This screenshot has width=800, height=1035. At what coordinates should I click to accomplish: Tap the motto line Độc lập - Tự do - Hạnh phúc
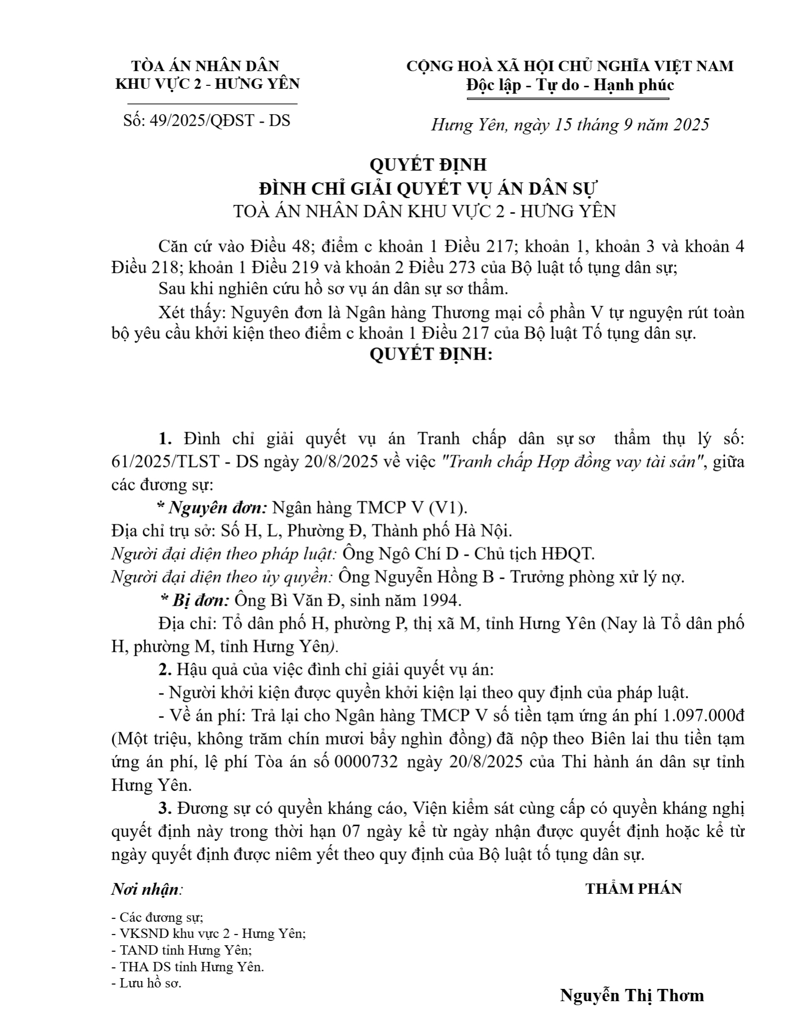[570, 86]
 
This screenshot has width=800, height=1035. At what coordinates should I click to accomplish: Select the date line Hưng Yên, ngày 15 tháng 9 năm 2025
[570, 125]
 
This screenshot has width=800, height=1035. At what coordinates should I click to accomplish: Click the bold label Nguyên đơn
[218, 508]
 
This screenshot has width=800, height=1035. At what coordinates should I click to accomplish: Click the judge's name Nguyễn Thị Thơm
[632, 995]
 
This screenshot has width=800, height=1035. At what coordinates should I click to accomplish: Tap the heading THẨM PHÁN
[633, 875]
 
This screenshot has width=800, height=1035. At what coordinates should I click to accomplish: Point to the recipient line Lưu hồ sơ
[150, 984]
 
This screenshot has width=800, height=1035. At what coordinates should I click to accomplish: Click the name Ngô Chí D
[421, 554]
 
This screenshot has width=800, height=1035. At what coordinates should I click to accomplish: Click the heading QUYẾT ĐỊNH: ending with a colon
[430, 354]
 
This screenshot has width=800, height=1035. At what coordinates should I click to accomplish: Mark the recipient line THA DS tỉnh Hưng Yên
[191, 967]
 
